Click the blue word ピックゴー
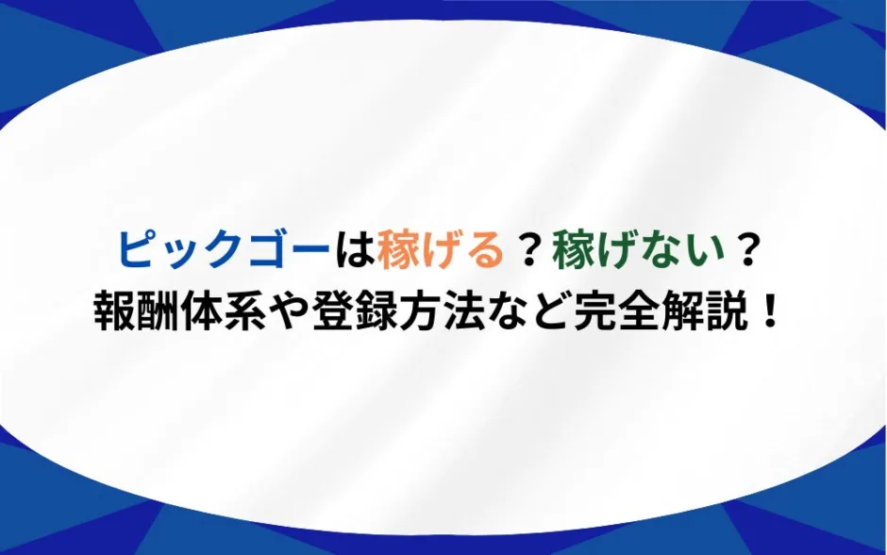(x=224, y=250)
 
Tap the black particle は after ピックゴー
(x=354, y=250)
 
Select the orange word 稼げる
(x=441, y=250)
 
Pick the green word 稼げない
(x=639, y=250)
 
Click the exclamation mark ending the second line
(x=768, y=312)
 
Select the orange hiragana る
(x=485, y=251)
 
